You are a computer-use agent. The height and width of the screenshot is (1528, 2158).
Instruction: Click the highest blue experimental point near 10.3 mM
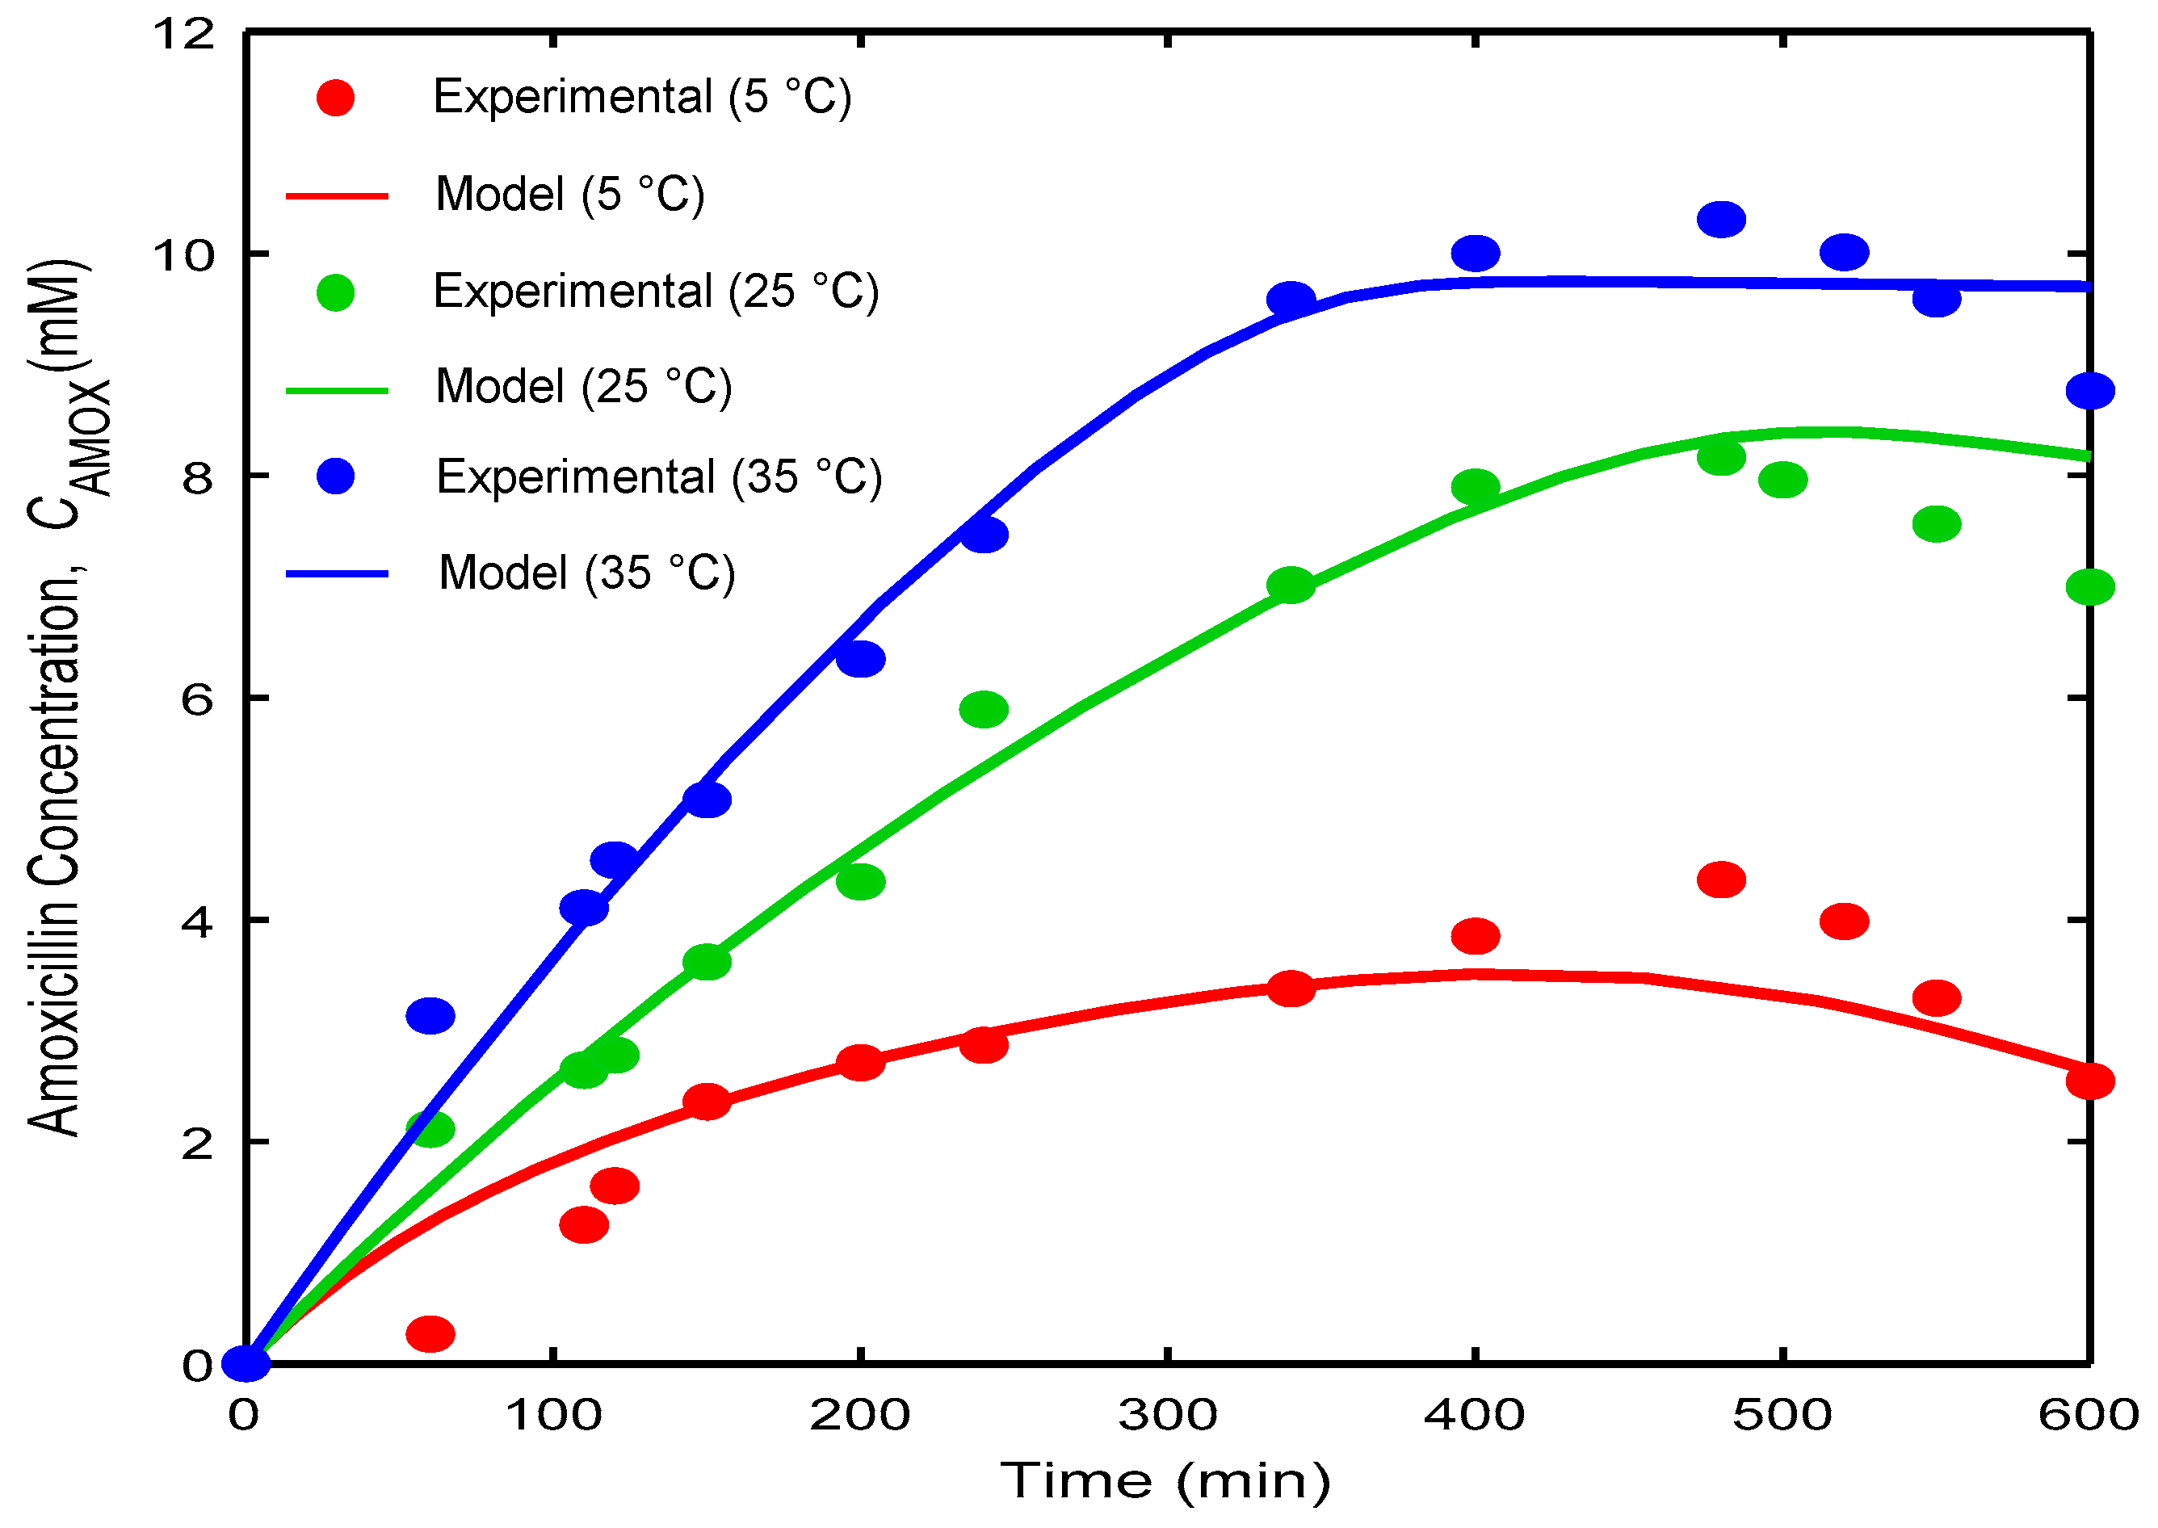pyautogui.click(x=1720, y=219)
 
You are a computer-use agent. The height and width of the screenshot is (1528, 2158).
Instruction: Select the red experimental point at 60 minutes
pyautogui.click(x=430, y=1333)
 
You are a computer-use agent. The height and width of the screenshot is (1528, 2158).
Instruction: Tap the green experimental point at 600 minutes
pyautogui.click(x=2089, y=587)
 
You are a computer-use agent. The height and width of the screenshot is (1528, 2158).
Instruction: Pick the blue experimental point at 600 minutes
pyautogui.click(x=2089, y=390)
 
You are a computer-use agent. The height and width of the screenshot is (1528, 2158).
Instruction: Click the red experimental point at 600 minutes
pyautogui.click(x=2089, y=1081)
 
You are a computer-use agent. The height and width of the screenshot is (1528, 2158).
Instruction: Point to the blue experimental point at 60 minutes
pyautogui.click(x=430, y=1015)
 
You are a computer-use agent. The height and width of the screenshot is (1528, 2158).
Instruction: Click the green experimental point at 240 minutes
pyautogui.click(x=983, y=708)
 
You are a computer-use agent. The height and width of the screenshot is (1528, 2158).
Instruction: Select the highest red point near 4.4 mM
pyautogui.click(x=1720, y=879)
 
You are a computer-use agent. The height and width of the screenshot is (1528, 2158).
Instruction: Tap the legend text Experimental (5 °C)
pyautogui.click(x=641, y=97)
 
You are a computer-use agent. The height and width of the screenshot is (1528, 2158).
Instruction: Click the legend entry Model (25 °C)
pyautogui.click(x=583, y=387)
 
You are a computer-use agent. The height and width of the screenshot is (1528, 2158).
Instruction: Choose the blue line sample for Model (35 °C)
pyautogui.click(x=337, y=573)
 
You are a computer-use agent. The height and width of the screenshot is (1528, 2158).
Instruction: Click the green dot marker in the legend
pyautogui.click(x=335, y=292)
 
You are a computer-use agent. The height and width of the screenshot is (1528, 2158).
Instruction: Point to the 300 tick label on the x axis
pyautogui.click(x=1167, y=1414)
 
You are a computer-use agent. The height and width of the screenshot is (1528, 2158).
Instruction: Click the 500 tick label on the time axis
pyautogui.click(x=1782, y=1414)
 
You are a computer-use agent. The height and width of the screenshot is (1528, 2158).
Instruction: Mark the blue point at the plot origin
pyautogui.click(x=246, y=1363)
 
